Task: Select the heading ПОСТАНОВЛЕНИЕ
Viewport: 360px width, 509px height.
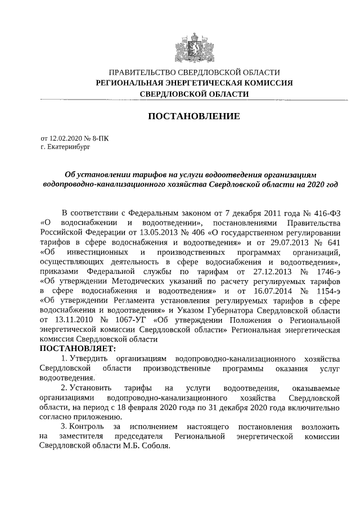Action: (193, 116)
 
